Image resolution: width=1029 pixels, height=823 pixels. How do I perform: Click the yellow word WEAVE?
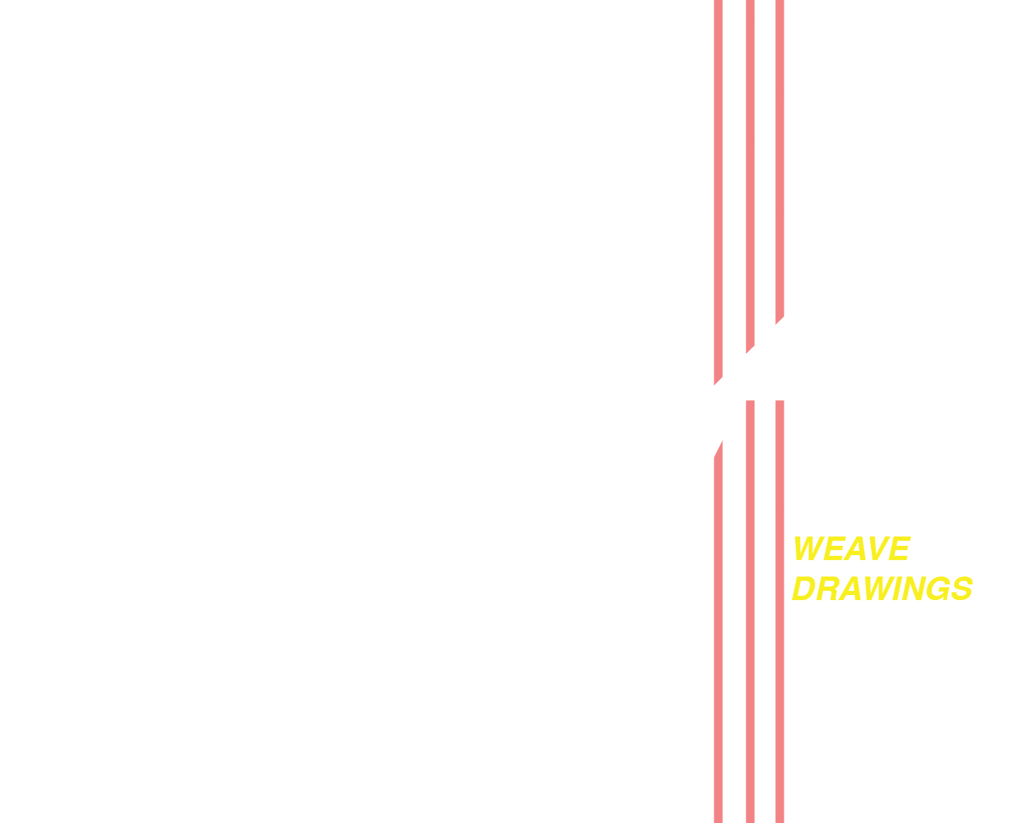(850, 549)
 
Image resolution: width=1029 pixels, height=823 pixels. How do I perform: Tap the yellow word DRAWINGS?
(882, 589)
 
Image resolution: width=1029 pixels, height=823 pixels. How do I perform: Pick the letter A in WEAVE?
(854, 549)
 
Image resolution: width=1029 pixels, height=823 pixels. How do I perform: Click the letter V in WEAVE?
(877, 549)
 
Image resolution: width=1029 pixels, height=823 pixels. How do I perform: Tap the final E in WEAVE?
(899, 549)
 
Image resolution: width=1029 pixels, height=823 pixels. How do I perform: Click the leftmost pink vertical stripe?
(718, 643)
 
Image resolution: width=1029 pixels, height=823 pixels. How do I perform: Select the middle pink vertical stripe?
(750, 643)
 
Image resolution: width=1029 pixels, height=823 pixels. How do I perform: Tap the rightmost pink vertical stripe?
(779, 643)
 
